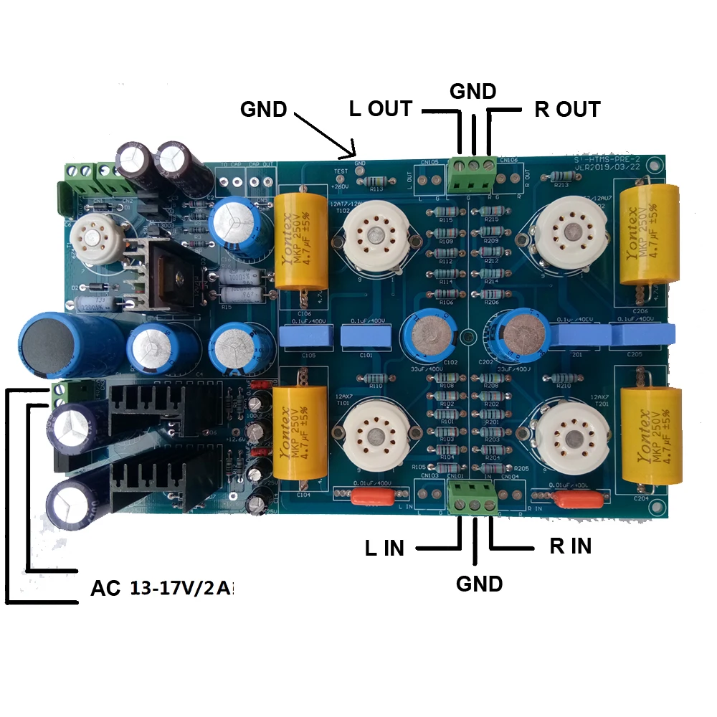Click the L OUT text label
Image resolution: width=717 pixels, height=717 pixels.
click(x=380, y=109)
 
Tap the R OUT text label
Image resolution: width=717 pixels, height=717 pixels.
click(x=567, y=110)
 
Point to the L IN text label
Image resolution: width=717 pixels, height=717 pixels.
click(x=384, y=549)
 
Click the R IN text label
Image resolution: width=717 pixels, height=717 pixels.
click(x=571, y=546)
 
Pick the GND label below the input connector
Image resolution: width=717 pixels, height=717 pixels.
click(x=480, y=584)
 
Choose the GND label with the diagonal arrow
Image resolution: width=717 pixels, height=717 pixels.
click(x=263, y=109)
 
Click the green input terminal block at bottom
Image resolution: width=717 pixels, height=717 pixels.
click(x=472, y=496)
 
